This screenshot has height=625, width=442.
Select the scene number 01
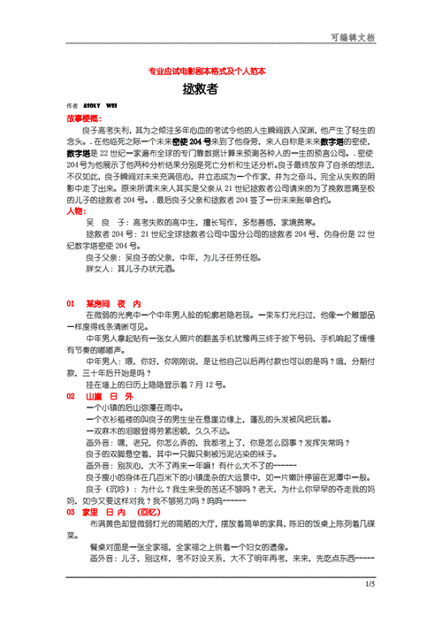pos(71,302)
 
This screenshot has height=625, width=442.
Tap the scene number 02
pos(71,397)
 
